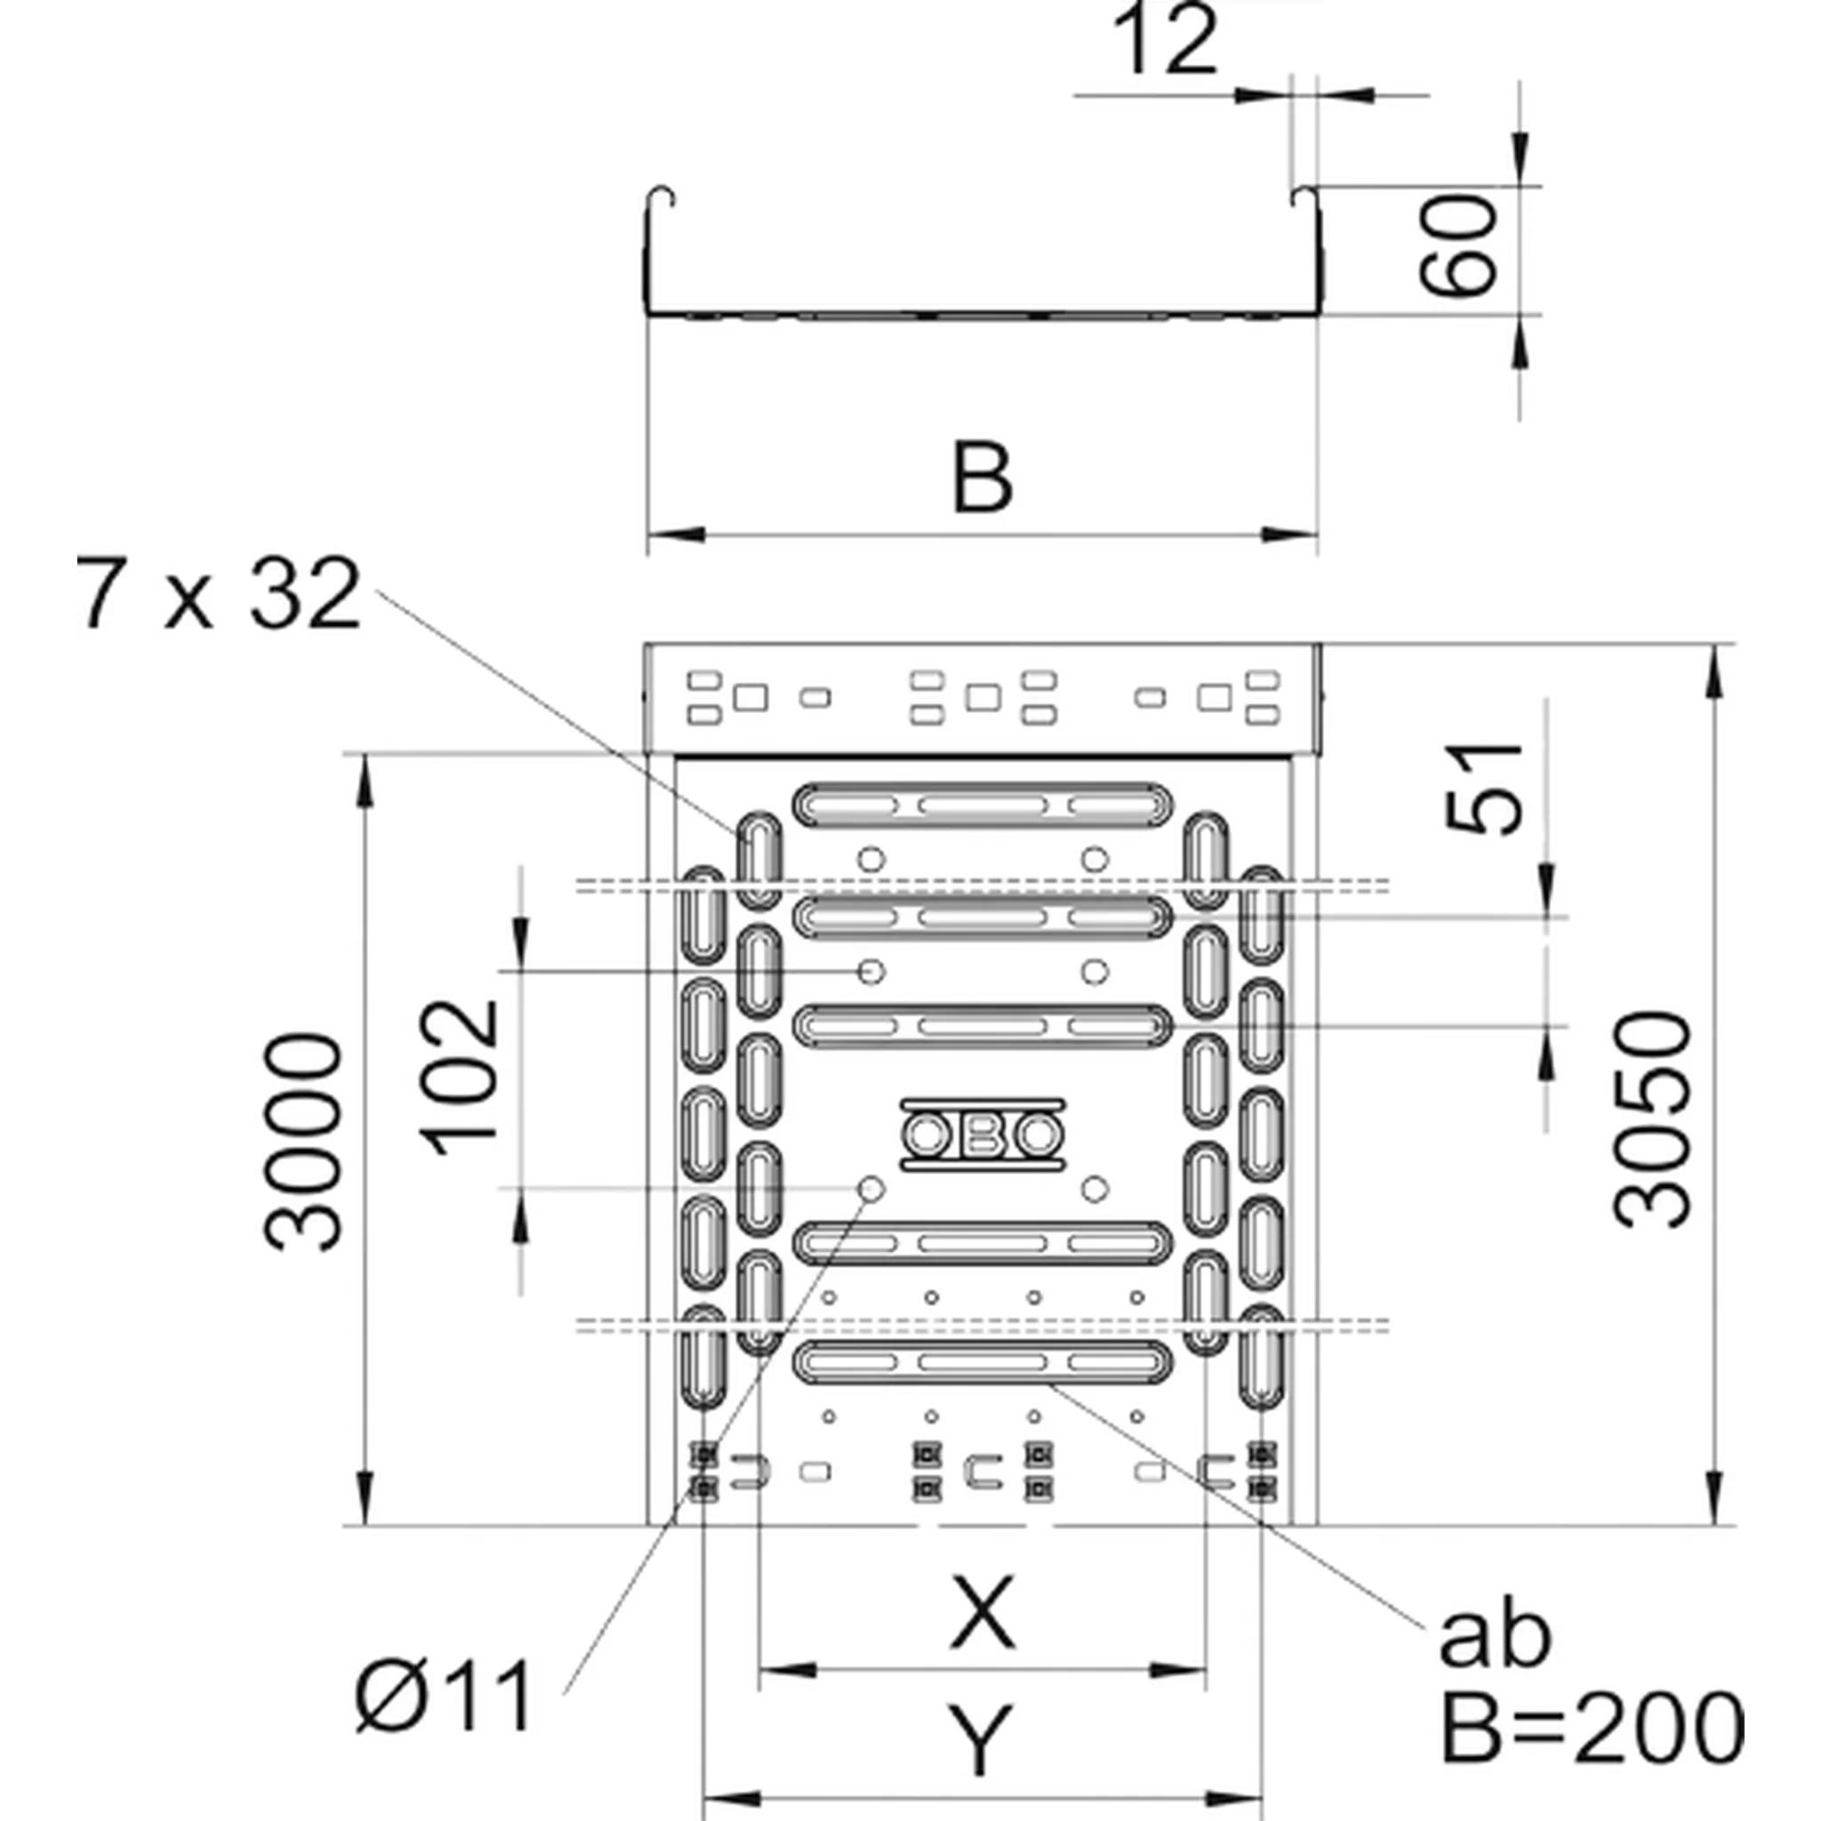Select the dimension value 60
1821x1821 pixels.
1458,246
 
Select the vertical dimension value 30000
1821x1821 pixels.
301,1142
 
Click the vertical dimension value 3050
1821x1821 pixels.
1651,1119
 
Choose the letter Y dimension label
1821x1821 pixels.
982,1740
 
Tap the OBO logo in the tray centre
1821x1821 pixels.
983,1135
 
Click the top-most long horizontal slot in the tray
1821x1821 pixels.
984,806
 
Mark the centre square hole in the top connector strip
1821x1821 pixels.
983,697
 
